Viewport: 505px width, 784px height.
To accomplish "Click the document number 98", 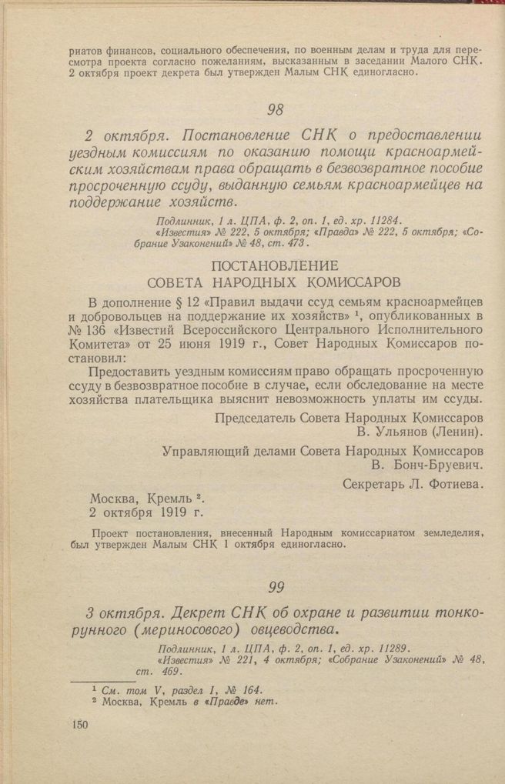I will click(276, 108).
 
